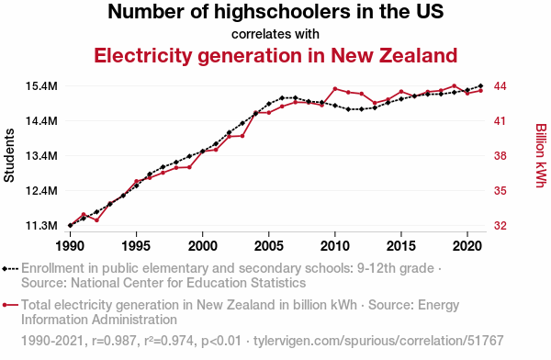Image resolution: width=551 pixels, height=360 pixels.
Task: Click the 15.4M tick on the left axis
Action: pos(41,86)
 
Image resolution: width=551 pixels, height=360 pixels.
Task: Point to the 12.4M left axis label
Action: pos(41,191)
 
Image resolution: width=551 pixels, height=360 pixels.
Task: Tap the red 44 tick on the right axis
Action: pos(500,86)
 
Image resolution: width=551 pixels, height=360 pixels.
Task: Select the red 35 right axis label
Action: pos(500,191)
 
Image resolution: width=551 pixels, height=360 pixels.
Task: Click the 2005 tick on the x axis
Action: pos(268,246)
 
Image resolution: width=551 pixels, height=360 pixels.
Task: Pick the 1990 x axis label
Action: pos(70,246)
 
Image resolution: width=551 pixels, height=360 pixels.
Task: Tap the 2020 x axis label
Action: pos(467,246)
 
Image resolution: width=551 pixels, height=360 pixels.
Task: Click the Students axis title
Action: pos(9,155)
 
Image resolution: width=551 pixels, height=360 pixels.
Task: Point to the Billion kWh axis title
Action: pos(541,155)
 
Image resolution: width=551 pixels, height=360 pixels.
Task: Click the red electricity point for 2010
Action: pos(335,88)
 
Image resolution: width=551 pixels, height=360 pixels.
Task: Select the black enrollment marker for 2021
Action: pos(480,85)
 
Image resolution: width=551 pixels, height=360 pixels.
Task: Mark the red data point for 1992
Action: pos(96,220)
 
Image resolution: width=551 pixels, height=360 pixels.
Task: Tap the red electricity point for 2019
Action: pos(454,85)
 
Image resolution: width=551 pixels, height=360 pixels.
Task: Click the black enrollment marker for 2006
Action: pos(282,97)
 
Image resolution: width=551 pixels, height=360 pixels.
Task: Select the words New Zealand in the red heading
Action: pos(394,55)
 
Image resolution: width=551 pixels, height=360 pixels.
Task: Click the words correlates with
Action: pos(275,34)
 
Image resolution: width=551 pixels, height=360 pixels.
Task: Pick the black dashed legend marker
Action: pos(10,269)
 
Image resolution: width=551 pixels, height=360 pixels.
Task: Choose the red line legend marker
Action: pos(10,305)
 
